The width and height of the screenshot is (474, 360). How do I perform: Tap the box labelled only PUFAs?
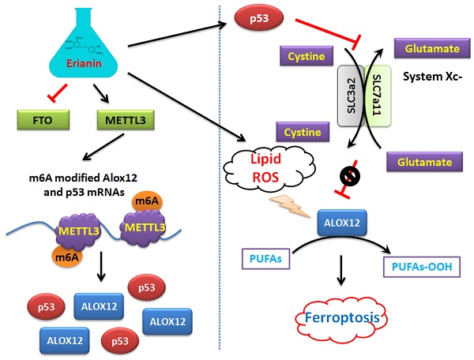click(x=266, y=257)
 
